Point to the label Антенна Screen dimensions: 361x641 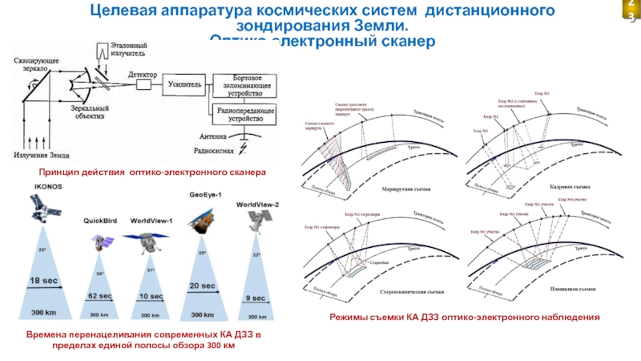point(215,136)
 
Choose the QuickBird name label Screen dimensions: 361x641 point(101,220)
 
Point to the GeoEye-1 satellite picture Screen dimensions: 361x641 point(204,220)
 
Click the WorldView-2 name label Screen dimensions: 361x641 point(257,205)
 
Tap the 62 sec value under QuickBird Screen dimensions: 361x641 point(99,296)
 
